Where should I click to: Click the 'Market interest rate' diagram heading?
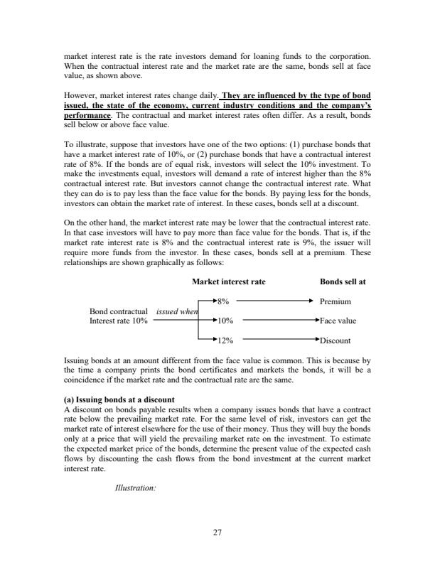tap(228, 281)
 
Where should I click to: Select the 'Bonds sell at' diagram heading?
tap(343, 281)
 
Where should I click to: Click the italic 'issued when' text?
tap(177, 311)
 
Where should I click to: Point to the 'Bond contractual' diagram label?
tap(117, 311)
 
